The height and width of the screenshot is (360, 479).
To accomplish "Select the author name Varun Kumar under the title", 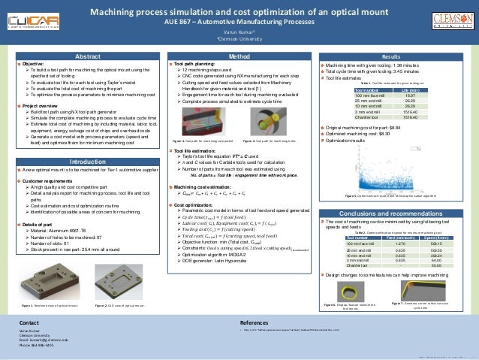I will coord(239,33).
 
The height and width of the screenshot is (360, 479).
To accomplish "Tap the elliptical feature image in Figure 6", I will coord(354,290).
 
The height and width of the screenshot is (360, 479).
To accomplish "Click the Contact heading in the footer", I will coord(29,321).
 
